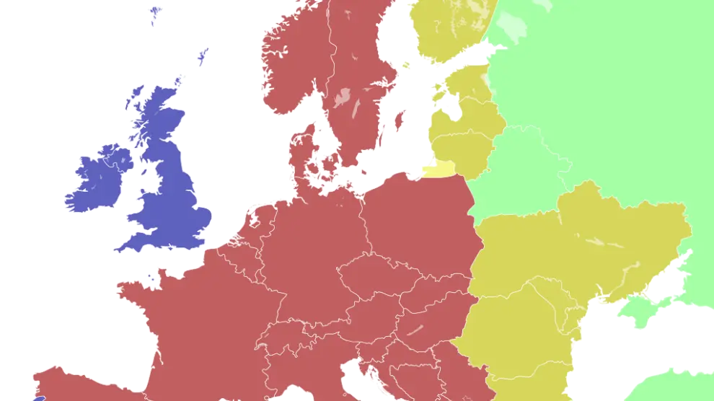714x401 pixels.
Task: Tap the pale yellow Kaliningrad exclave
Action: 439,170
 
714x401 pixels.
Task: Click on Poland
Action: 418,216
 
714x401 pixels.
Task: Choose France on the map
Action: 195,325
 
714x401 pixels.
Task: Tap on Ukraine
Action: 577,245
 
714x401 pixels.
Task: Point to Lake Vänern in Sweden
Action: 343,97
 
